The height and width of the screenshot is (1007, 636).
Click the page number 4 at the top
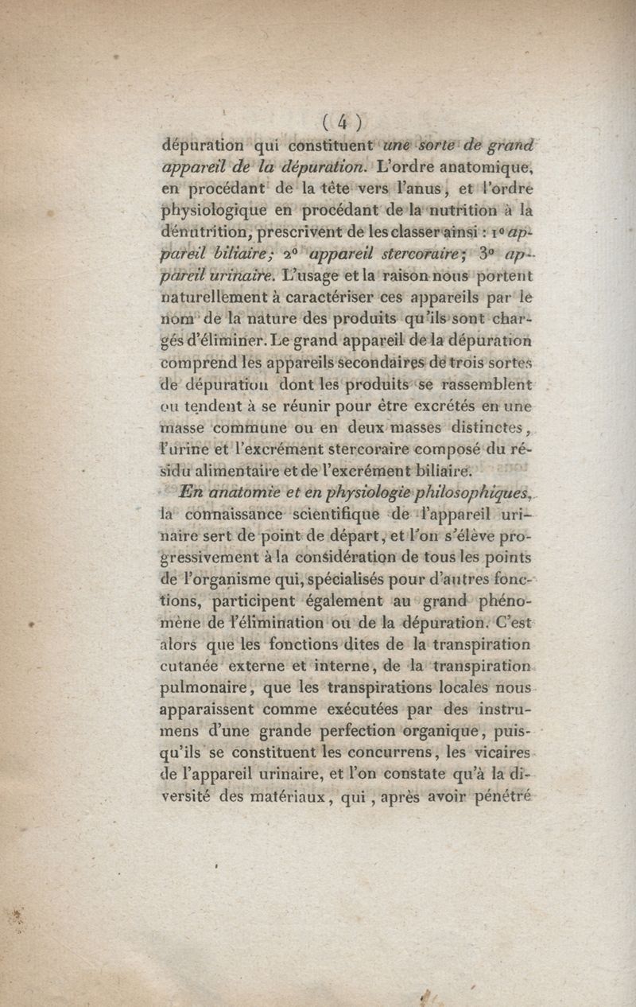point(342,122)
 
